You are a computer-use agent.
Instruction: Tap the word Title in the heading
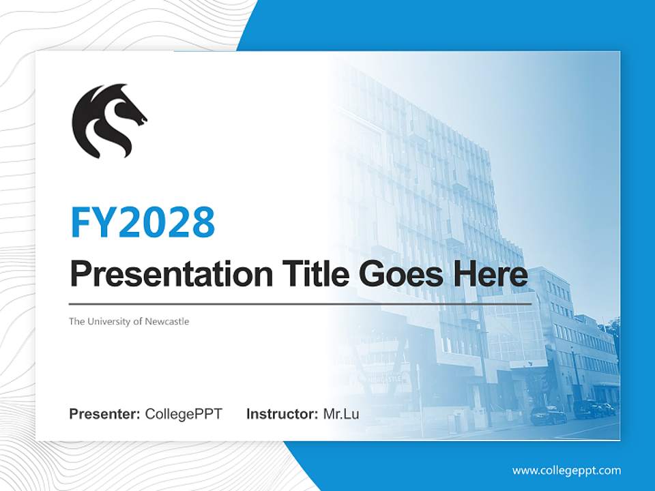(x=311, y=274)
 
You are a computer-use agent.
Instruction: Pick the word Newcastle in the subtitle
(x=166, y=321)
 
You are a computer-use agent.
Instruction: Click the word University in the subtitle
(x=109, y=321)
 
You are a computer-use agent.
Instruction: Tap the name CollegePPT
(x=184, y=414)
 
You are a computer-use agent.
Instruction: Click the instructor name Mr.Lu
(x=341, y=414)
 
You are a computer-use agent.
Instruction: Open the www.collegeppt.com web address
(x=566, y=470)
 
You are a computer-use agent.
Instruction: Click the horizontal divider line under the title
(x=300, y=303)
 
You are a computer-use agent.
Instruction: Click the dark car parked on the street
(x=548, y=415)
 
